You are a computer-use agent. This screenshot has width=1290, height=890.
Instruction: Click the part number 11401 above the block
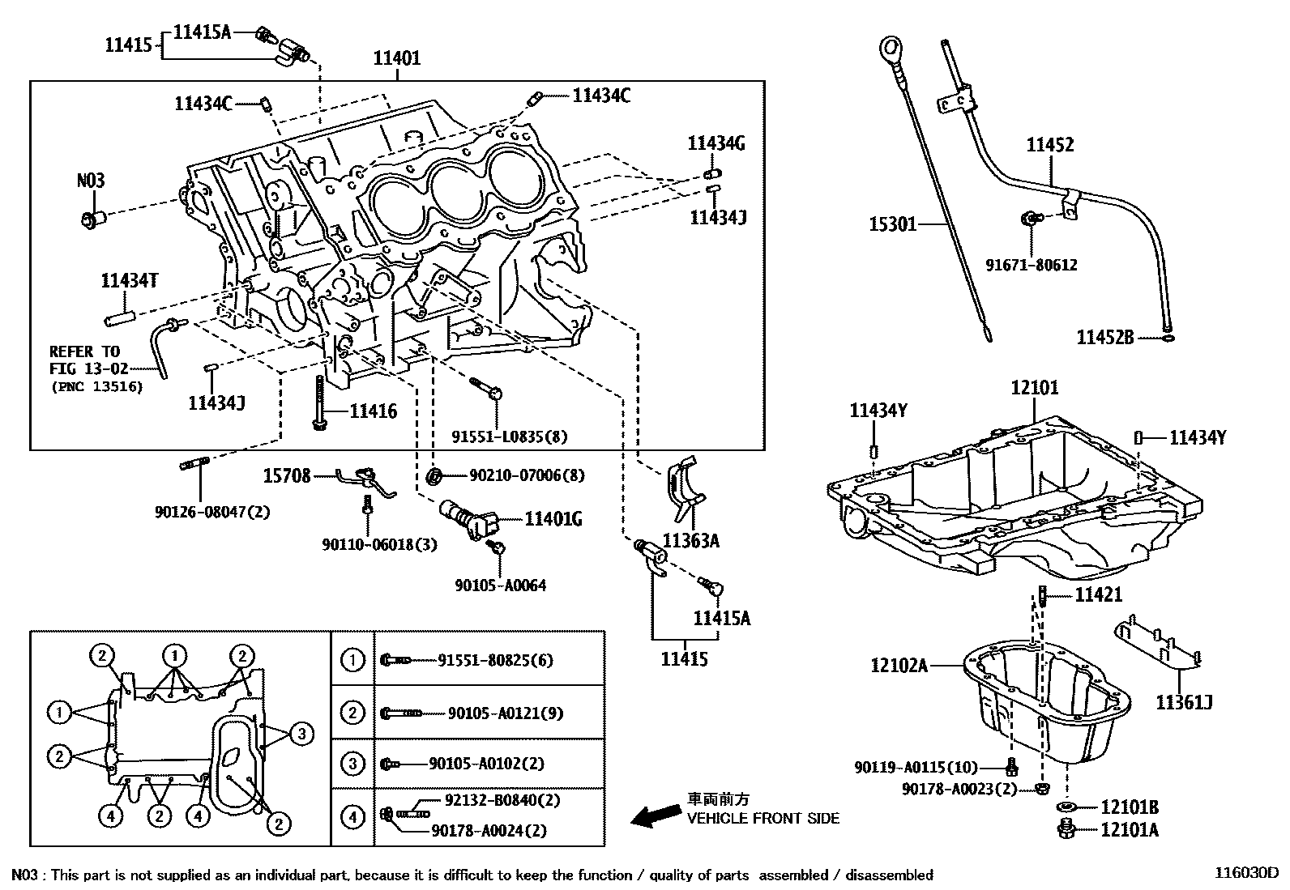click(x=397, y=58)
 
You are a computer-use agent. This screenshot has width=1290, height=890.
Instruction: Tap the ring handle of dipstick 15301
click(x=891, y=49)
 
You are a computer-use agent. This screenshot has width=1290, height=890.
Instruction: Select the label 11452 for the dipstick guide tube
click(x=1050, y=144)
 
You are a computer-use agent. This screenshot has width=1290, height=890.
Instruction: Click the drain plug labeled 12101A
click(x=1066, y=829)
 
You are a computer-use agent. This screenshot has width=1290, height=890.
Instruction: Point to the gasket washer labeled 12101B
click(x=1067, y=807)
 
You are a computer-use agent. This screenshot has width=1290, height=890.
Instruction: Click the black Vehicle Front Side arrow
click(x=656, y=815)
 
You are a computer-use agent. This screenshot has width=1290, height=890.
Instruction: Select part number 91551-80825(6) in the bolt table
click(x=495, y=660)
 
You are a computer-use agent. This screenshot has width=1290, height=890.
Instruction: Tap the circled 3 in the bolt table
click(x=353, y=764)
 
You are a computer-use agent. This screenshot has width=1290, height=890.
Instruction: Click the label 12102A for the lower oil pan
click(x=899, y=666)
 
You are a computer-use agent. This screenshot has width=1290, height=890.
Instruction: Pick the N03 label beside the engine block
click(x=91, y=181)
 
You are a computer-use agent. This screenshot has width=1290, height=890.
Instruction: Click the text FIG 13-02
click(x=88, y=368)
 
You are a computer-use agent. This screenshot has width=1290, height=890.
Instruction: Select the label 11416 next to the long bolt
click(x=374, y=411)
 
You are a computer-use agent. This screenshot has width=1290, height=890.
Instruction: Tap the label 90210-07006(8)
click(x=527, y=475)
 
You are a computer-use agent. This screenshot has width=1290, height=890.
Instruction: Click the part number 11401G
click(x=553, y=519)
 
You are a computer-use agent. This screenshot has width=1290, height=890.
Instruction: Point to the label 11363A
click(x=690, y=541)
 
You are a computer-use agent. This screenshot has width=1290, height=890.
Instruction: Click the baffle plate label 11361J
click(x=1184, y=702)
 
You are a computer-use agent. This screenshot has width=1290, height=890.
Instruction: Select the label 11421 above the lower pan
click(x=1098, y=594)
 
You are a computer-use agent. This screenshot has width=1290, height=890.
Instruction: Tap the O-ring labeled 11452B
click(x=1168, y=338)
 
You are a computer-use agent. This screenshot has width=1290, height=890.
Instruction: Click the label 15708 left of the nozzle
click(x=287, y=476)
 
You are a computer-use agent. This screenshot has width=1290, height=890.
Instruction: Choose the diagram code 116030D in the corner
click(x=1246, y=873)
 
